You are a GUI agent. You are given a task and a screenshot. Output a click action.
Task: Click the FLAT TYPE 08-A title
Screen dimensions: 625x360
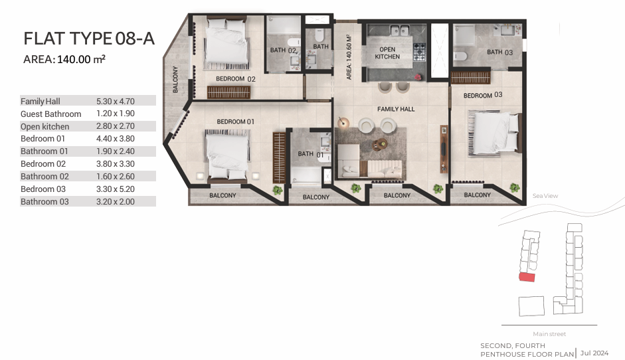click(89, 39)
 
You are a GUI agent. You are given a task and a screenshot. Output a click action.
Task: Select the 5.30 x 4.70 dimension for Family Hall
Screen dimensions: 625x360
click(115, 101)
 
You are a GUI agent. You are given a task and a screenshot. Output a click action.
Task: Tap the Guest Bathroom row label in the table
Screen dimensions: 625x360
click(50, 114)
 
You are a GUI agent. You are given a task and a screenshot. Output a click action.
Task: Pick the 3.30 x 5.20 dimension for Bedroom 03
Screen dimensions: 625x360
click(115, 189)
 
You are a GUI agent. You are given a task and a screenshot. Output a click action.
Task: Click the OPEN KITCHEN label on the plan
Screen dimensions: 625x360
click(387, 53)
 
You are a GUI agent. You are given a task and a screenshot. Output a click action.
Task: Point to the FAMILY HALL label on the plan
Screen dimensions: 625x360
click(396, 109)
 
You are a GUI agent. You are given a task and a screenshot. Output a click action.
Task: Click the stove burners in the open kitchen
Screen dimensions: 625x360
click(419, 52)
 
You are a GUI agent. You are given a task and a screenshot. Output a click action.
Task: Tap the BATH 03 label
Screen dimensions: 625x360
click(500, 52)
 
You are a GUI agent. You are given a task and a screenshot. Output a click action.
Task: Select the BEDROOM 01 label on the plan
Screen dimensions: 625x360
click(235, 122)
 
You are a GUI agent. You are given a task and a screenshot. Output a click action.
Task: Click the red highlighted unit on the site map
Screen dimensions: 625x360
click(527, 277)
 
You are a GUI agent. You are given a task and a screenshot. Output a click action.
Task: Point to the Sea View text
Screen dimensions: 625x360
click(545, 196)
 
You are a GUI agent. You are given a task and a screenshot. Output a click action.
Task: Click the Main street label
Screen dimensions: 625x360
click(549, 334)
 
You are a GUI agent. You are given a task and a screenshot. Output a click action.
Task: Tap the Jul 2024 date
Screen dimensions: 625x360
click(594, 353)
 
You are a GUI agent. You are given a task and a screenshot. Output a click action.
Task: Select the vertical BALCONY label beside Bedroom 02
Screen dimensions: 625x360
click(175, 79)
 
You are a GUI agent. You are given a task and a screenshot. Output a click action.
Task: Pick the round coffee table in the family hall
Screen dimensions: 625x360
click(380, 144)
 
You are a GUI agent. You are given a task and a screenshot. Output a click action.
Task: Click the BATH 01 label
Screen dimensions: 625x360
click(310, 154)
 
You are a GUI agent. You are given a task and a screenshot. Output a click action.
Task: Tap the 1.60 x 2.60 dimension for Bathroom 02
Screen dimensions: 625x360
click(115, 176)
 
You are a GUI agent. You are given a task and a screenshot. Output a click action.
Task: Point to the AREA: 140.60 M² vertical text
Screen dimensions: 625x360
click(349, 57)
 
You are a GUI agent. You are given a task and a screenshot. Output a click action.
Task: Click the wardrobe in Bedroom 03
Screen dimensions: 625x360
click(470, 77)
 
